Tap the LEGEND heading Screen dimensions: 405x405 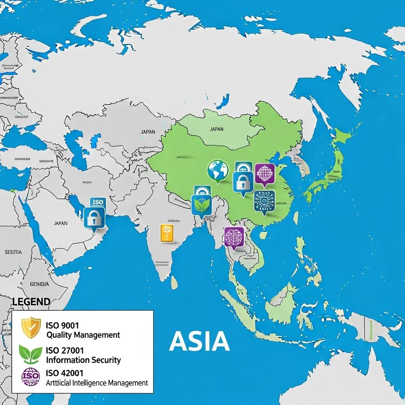[31, 302]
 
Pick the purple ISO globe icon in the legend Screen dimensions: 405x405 [30, 377]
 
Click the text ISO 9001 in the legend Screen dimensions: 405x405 [62, 325]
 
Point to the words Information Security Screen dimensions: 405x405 [83, 360]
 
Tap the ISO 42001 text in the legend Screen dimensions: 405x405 [65, 373]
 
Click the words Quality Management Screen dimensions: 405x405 [83, 335]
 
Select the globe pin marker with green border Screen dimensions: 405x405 [218, 171]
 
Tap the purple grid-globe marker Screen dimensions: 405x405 [265, 174]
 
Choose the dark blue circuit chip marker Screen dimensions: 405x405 [264, 201]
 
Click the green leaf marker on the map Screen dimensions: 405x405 [202, 204]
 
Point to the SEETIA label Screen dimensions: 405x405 [13, 252]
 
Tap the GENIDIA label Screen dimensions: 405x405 [40, 284]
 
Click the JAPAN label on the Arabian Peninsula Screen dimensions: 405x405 [61, 223]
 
